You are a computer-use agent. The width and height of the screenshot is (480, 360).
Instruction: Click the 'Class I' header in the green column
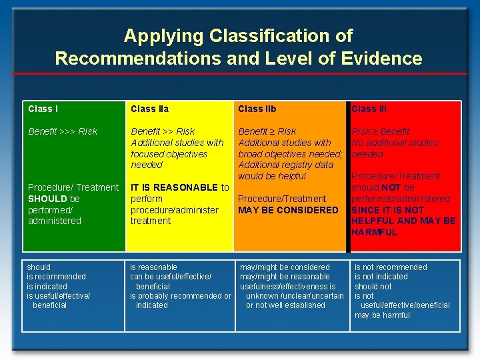43,109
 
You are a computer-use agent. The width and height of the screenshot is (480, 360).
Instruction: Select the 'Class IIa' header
149,109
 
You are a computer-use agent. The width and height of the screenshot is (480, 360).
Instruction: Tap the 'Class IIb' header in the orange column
257,109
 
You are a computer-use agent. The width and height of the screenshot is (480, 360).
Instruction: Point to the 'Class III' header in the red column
369,109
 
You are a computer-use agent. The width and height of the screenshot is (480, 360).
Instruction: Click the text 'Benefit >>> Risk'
63,131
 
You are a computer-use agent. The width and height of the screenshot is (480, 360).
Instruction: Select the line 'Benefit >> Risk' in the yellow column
163,131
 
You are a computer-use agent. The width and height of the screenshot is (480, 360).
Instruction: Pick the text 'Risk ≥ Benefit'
381,131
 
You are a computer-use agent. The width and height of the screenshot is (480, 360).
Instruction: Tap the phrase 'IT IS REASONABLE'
174,187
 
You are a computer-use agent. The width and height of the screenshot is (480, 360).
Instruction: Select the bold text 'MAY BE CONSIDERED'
288,210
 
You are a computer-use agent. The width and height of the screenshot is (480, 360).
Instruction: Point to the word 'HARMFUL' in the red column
374,232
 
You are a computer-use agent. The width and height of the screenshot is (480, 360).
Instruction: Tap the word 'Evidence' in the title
382,58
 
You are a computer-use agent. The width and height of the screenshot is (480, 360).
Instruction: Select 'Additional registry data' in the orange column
285,165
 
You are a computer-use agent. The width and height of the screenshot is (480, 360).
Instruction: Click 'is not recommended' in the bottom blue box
391,267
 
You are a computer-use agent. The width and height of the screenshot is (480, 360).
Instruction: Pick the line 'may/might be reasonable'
285,277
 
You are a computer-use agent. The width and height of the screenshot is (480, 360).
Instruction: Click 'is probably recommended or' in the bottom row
180,296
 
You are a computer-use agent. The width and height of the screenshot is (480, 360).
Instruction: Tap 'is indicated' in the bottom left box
47,286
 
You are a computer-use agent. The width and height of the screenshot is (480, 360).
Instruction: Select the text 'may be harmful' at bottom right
382,315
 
